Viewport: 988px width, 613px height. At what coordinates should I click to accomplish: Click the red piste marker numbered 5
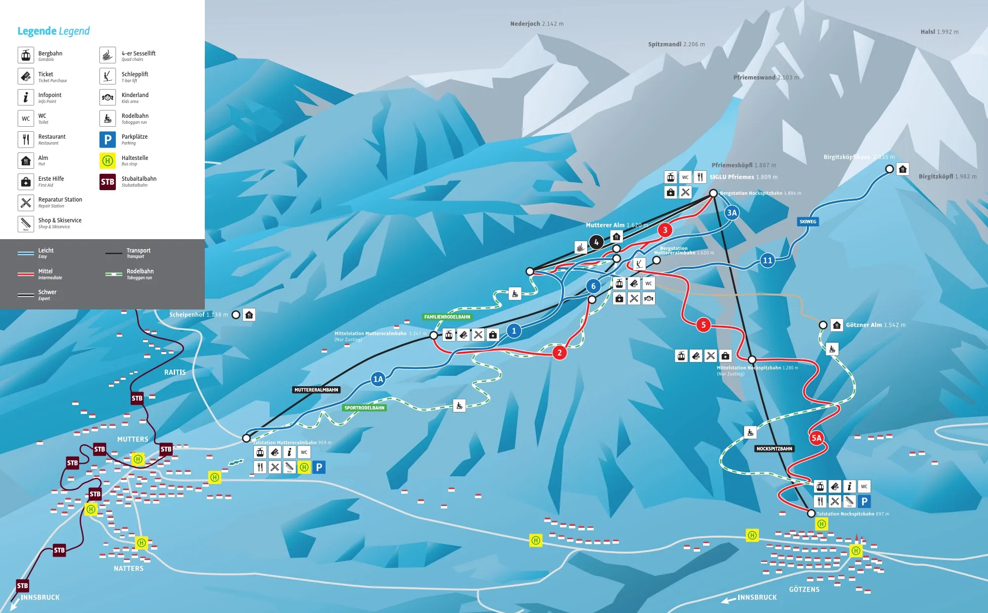pos(703,325)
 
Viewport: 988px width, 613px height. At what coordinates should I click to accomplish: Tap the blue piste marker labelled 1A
pos(378,379)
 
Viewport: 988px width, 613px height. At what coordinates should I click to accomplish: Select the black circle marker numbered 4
pos(596,242)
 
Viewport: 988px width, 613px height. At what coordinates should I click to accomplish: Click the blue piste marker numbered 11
pos(767,260)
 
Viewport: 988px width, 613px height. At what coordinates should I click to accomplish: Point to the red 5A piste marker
pos(816,438)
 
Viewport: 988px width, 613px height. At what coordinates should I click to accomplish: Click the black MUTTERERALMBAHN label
pos(316,390)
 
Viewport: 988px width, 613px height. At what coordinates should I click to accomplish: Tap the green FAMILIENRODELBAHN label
pos(447,317)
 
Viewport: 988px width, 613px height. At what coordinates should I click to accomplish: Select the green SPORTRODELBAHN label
pos(364,408)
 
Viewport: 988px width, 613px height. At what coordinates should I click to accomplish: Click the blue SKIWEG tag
pos(807,222)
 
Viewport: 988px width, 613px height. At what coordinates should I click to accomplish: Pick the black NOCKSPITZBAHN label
pos(774,449)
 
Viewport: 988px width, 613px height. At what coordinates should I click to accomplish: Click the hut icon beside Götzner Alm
pos(837,325)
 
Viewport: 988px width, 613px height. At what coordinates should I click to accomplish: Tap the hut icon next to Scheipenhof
pos(249,315)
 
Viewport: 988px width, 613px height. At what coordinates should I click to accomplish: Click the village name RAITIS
pos(175,372)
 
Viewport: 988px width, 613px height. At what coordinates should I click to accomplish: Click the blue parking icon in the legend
pos(107,140)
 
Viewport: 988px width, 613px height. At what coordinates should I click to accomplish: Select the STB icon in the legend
pos(107,182)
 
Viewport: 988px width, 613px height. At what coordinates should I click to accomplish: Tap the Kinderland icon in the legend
pos(107,98)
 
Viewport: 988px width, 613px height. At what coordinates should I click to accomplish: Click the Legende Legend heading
pos(53,31)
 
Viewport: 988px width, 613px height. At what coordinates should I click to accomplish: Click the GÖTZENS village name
pos(804,590)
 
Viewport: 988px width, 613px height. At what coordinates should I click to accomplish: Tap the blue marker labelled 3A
pos(731,213)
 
